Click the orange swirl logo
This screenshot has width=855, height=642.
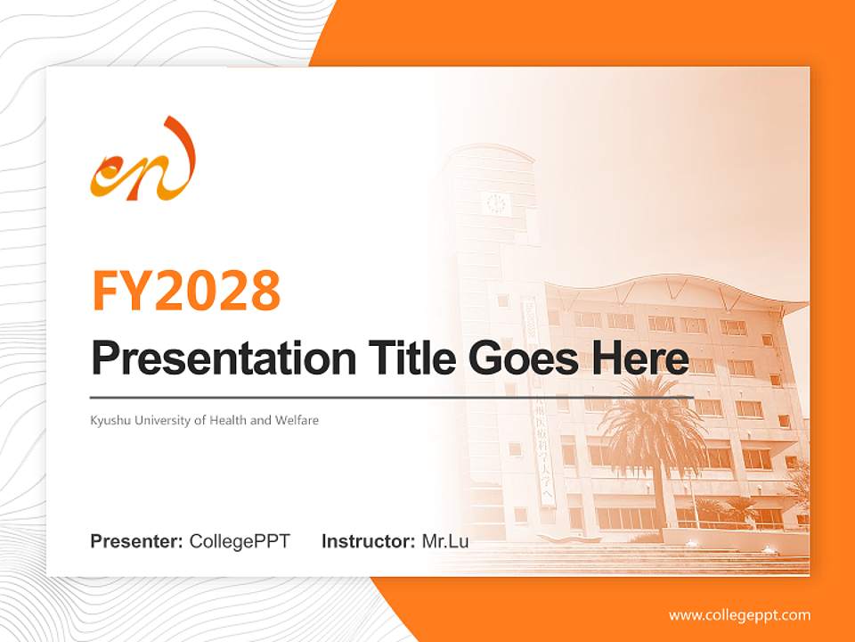(x=142, y=160)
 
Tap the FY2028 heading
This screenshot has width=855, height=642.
(x=186, y=290)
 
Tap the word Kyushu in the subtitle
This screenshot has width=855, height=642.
(x=108, y=420)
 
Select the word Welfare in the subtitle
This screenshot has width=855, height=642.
(x=297, y=420)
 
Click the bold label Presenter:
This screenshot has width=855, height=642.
(x=137, y=541)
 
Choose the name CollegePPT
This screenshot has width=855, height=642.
(x=240, y=541)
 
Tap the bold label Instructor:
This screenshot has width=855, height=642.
(x=368, y=541)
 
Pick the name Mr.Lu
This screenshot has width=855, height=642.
(x=445, y=541)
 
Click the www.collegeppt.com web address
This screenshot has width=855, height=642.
(x=739, y=615)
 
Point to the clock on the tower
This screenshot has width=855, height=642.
(x=496, y=204)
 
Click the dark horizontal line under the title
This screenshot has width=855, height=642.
(x=392, y=396)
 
